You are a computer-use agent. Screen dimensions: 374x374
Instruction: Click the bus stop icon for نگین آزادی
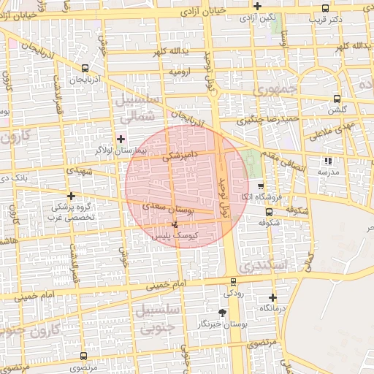click(257, 7)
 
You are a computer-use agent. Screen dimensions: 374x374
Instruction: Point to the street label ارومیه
click(180, 72)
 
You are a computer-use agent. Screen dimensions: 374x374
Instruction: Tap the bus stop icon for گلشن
click(337, 99)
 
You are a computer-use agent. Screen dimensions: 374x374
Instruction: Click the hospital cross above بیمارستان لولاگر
click(121, 138)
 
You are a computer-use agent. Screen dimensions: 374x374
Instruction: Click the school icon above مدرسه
click(328, 161)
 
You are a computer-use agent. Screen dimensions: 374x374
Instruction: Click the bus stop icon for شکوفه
click(269, 213)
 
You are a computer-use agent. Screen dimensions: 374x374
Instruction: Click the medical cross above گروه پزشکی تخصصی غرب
click(71, 196)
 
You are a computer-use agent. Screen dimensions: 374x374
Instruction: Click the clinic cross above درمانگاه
click(272, 297)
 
